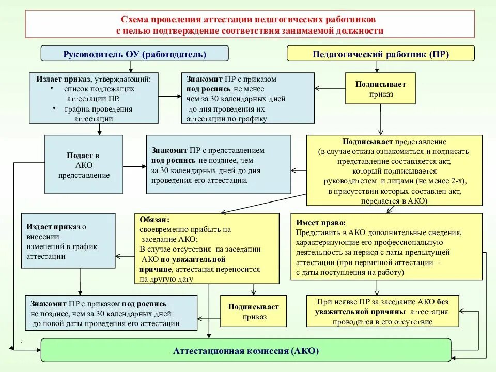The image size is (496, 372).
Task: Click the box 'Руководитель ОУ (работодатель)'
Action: tap(134, 54)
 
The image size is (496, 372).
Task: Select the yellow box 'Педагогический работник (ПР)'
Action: tap(380, 54)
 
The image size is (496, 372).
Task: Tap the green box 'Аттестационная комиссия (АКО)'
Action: tap(246, 351)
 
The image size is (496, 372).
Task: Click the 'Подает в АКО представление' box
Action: tap(84, 165)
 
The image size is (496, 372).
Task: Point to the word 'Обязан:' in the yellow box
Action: tap(153, 219)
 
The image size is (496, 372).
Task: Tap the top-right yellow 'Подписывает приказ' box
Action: tap(380, 88)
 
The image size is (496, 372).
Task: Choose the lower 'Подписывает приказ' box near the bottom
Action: tap(253, 311)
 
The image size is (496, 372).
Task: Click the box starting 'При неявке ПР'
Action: tap(382, 311)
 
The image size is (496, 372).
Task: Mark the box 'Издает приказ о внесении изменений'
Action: tap(68, 241)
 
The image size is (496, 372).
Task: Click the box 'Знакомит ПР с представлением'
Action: tap(218, 165)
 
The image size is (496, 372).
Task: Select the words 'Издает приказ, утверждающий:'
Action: tap(93, 79)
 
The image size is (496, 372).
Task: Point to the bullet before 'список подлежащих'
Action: tap(52, 88)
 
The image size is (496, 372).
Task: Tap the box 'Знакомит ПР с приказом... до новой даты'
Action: tap(111, 313)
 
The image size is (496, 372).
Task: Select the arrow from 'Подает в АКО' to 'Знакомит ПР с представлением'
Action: tap(135, 166)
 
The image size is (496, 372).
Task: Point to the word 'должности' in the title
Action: tap(361, 30)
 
